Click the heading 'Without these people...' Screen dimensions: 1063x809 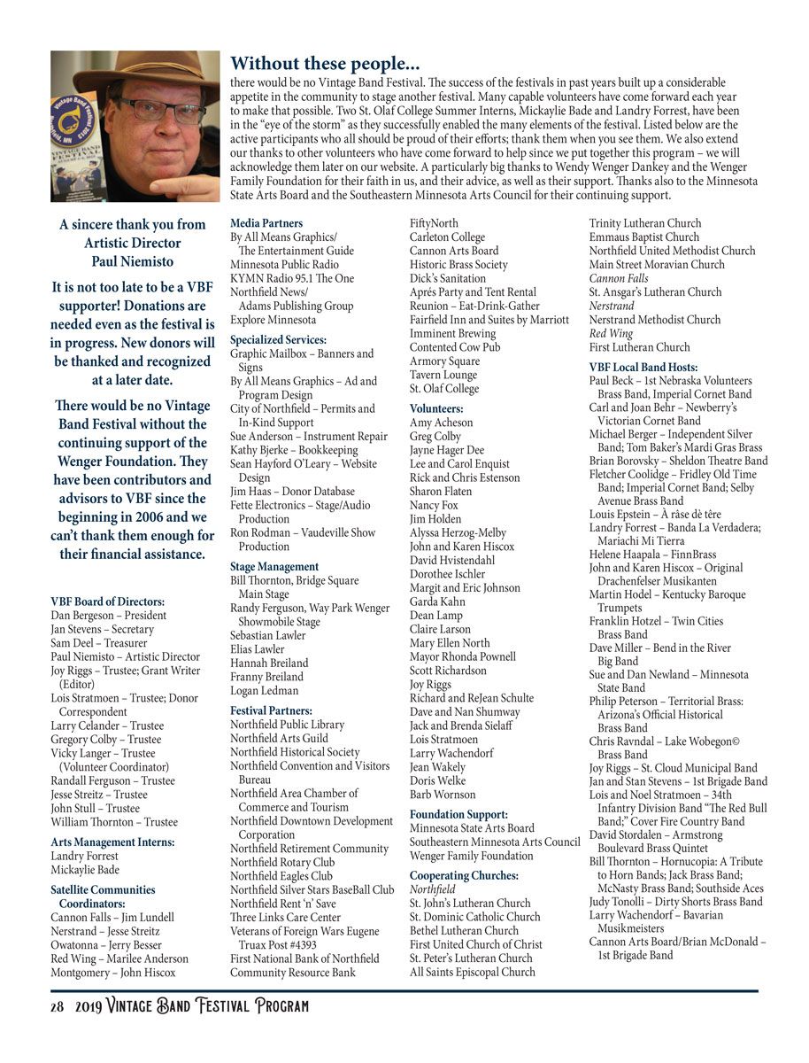coord(324,64)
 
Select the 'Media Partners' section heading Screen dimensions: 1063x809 coord(266,223)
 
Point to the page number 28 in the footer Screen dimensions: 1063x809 coord(57,1006)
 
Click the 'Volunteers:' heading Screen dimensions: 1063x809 coord(436,408)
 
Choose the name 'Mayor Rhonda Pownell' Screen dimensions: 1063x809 coord(462,656)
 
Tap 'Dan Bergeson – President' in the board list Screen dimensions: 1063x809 coord(108,615)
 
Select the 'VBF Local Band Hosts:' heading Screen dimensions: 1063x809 coord(643,367)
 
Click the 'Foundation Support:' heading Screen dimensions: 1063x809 coord(458,814)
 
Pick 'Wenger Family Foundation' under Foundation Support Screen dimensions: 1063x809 coord(471,856)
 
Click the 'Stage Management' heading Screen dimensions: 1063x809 coord(274,566)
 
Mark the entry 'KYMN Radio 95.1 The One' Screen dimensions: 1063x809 coord(291,278)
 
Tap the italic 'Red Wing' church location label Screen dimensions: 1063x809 coord(612,333)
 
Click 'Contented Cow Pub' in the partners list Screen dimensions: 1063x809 coord(454,347)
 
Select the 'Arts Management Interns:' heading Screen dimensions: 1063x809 coord(112,842)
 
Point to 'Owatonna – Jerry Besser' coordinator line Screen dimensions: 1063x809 coord(106,944)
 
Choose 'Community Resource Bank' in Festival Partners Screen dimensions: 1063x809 coord(292,972)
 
